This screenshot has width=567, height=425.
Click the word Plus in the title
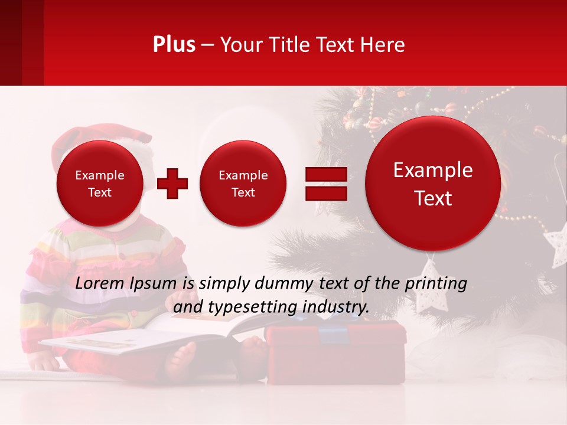(x=174, y=45)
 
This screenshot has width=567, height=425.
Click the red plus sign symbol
(x=172, y=184)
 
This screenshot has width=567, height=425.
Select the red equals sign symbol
(x=325, y=184)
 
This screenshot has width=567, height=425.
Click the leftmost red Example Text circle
(x=99, y=184)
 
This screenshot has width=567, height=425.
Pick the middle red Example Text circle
(x=243, y=184)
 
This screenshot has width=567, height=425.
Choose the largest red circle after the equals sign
(x=433, y=184)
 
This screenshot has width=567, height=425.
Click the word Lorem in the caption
(x=99, y=283)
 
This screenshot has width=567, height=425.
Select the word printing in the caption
(x=438, y=283)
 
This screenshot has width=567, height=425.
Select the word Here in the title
(x=383, y=45)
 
